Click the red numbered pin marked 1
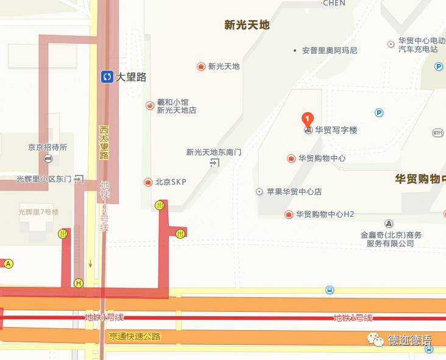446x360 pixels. click(308, 118)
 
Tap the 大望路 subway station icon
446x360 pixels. click(107, 77)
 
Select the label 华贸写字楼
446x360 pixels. click(336, 130)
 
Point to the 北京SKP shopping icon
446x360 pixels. click(147, 182)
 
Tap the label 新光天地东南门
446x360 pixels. click(213, 152)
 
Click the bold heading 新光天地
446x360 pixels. click(247, 25)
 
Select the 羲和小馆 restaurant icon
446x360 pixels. click(149, 106)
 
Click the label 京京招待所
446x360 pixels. click(48, 147)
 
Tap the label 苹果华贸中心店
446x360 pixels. click(294, 192)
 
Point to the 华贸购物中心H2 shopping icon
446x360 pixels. click(289, 214)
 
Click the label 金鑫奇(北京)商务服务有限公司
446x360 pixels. click(391, 239)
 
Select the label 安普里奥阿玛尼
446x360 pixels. click(330, 51)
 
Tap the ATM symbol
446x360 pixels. click(437, 132)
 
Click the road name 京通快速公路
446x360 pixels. click(135, 336)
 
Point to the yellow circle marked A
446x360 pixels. click(9, 264)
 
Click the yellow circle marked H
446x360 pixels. click(79, 283)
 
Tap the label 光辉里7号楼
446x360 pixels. click(38, 212)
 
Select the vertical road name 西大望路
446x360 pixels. click(104, 143)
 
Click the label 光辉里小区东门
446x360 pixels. click(44, 179)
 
